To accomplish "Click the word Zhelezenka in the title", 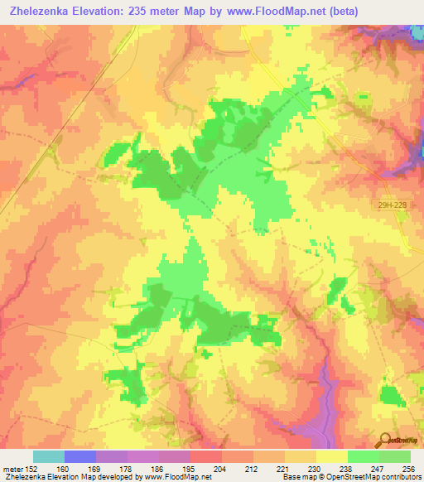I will [x=40, y=11].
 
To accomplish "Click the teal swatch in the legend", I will [x=49, y=456].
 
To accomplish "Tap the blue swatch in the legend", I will [x=80, y=456].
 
